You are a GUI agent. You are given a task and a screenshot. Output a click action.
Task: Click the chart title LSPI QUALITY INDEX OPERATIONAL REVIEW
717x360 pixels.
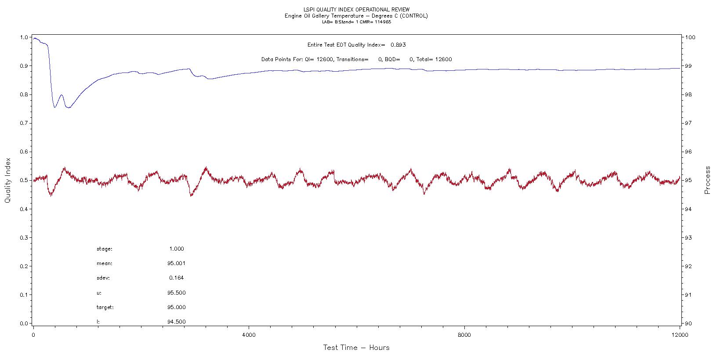click(356, 9)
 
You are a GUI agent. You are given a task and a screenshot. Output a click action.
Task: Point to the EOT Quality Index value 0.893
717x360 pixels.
click(398, 45)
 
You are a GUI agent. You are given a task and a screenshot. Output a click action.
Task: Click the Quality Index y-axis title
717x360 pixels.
click(7, 181)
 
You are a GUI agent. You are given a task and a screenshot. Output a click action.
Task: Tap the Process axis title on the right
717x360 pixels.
click(707, 180)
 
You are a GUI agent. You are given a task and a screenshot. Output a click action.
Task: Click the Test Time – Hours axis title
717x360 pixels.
click(356, 348)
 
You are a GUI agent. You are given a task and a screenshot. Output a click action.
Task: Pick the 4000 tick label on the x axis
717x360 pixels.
click(249, 335)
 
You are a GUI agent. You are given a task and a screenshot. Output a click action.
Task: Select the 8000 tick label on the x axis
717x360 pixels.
click(464, 335)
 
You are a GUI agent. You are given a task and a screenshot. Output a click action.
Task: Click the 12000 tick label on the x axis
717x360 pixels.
click(680, 335)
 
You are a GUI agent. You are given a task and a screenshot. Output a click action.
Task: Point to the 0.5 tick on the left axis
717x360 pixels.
click(24, 181)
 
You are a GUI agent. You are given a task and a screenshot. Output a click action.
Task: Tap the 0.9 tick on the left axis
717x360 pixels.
click(24, 66)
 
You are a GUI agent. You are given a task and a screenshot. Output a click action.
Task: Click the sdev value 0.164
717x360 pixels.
click(176, 278)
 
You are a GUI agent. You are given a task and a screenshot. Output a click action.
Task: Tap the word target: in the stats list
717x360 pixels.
click(105, 307)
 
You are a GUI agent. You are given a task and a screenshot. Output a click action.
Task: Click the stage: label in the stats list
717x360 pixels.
click(105, 249)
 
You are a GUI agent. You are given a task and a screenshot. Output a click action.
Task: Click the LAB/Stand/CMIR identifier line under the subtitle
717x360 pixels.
click(356, 22)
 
